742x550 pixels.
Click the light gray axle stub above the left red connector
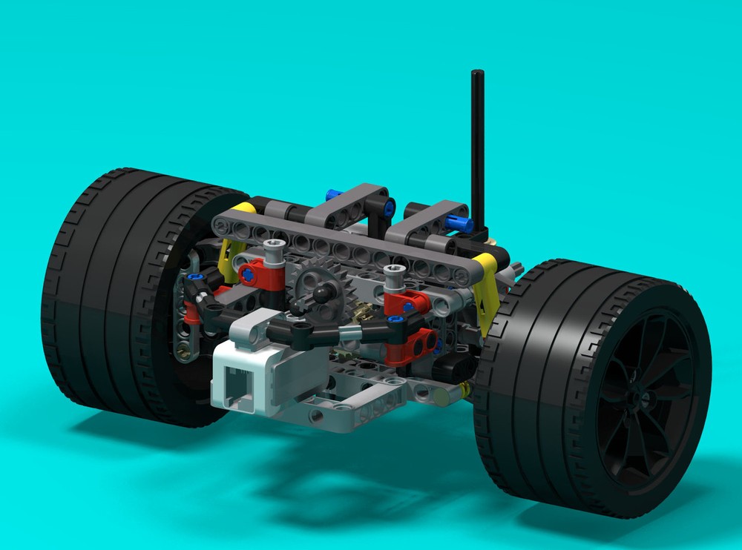pos(275,251)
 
